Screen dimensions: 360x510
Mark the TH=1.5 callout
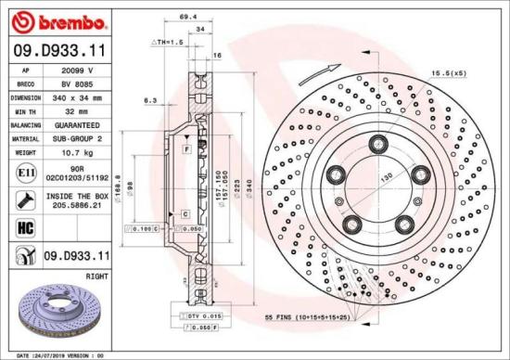(169, 44)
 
